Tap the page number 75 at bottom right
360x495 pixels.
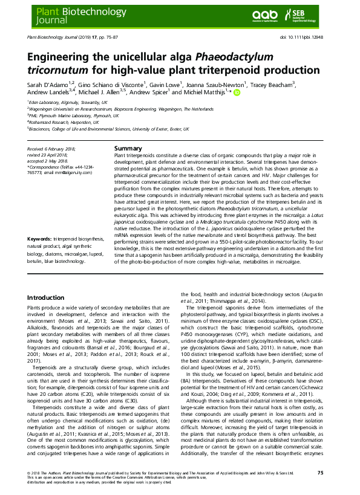(x=329, y=471)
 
